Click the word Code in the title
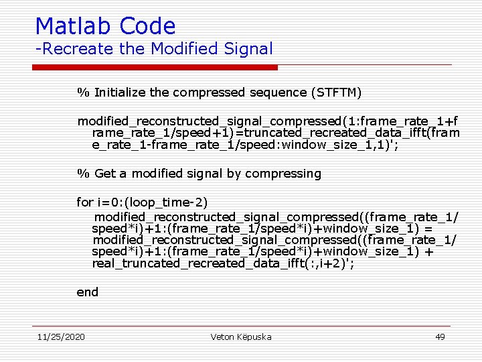tap(148, 26)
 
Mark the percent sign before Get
tap(83, 174)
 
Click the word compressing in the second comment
tap(283, 174)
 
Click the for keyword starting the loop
tap(85, 202)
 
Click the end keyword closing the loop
tap(88, 292)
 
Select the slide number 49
tap(440, 337)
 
